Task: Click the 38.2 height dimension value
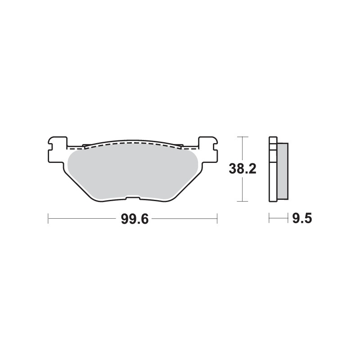point(242,169)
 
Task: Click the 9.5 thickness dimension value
point(302,219)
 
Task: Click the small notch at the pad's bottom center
point(132,197)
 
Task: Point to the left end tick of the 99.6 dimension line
point(48,219)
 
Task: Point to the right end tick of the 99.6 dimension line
point(217,219)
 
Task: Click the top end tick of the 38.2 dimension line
point(242,136)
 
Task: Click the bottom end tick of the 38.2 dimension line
point(242,201)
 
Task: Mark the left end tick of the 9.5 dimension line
point(269,219)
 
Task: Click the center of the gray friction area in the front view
point(132,171)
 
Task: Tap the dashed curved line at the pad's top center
point(132,142)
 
